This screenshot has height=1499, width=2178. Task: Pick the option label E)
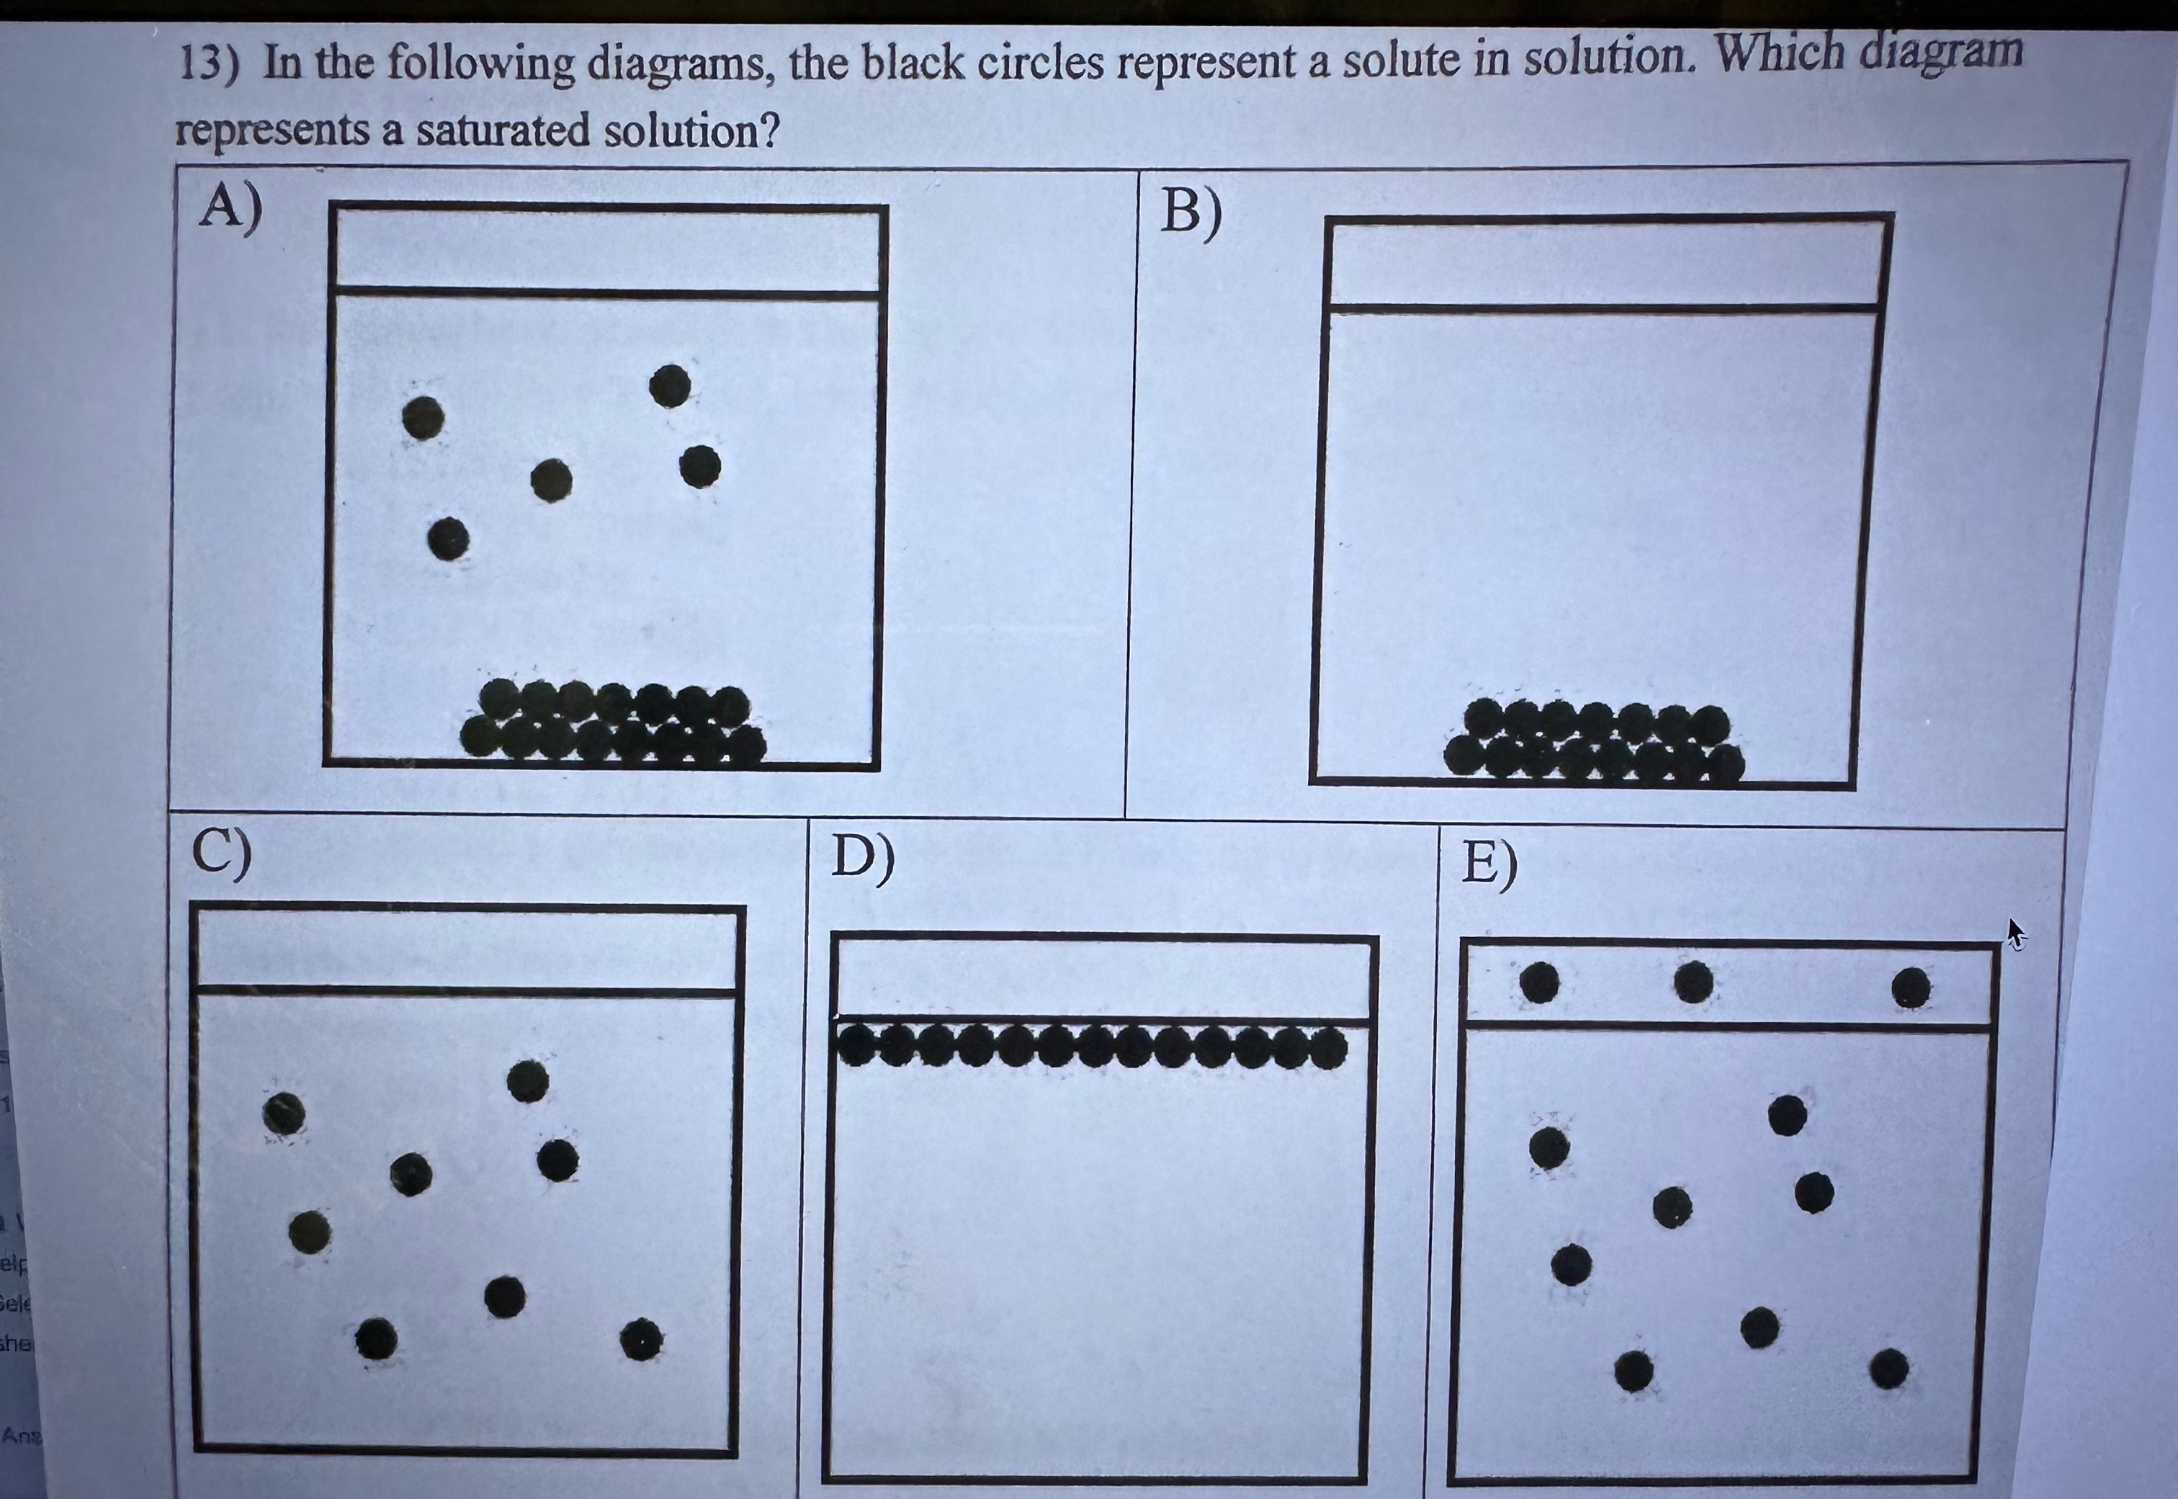(1489, 865)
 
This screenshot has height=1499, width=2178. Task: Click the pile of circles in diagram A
(612, 720)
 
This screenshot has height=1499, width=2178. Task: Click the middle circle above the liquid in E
(1693, 983)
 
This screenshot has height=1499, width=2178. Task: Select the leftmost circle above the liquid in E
(1539, 983)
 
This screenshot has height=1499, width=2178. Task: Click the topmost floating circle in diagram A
(670, 385)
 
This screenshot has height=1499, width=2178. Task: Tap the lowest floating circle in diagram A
(448, 539)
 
